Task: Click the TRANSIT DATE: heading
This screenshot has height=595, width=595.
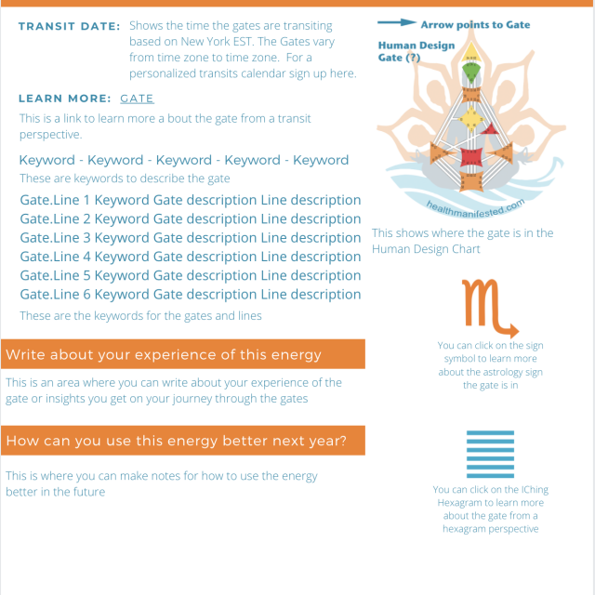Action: pyautogui.click(x=69, y=26)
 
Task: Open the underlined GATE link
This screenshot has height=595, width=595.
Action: pyautogui.click(x=137, y=98)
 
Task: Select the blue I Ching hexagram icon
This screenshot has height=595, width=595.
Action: pyautogui.click(x=487, y=454)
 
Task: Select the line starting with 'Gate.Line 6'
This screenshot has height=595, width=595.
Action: pyautogui.click(x=190, y=295)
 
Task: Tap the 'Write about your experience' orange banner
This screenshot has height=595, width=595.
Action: pyautogui.click(x=183, y=354)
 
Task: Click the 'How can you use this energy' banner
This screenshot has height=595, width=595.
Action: pyautogui.click(x=183, y=440)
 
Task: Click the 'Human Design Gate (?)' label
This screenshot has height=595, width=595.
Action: pyautogui.click(x=416, y=51)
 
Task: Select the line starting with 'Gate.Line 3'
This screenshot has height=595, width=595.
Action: pyautogui.click(x=190, y=238)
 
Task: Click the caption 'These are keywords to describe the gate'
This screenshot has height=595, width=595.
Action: pyautogui.click(x=125, y=178)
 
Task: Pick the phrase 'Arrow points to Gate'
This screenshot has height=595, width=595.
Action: pyautogui.click(x=475, y=24)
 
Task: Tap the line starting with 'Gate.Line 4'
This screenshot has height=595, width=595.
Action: pyautogui.click(x=190, y=257)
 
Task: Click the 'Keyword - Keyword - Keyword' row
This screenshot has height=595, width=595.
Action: pyautogui.click(x=183, y=160)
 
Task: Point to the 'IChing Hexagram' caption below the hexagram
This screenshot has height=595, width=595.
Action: pyautogui.click(x=485, y=502)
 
